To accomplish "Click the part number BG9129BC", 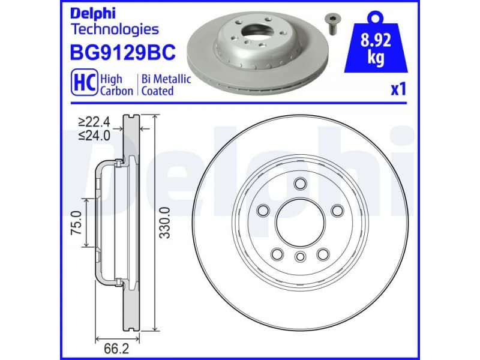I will pos(123,53).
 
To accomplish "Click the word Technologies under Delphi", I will pos(115,29).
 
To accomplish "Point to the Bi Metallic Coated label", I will pos(166,85).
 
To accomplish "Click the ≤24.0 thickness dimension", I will pos(95,136).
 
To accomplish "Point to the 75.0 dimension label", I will pos(76,222).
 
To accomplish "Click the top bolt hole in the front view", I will pos(300,184).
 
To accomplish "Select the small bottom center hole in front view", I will pos(300,257).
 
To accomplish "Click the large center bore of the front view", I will pos(300,223).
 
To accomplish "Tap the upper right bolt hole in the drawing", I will pos(337,209).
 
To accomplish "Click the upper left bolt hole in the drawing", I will pos(263,209).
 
